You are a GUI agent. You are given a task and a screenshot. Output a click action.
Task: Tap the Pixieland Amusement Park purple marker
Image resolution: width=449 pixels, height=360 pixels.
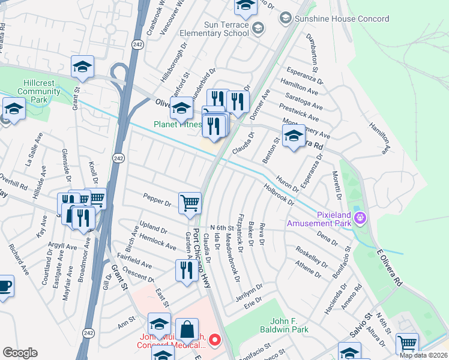pyautogui.click(x=360, y=217)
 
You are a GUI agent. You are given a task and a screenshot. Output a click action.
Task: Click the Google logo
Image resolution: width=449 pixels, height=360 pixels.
pyautogui.click(x=20, y=353)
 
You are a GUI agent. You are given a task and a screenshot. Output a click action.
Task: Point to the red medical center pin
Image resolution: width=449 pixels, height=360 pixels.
pyautogui.click(x=213, y=341)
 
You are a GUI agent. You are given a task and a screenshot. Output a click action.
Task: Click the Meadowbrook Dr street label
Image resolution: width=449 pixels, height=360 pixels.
pyautogui.click(x=232, y=257)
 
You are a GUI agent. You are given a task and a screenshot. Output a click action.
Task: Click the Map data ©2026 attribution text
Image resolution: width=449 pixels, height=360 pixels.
pyautogui.click(x=423, y=355)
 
